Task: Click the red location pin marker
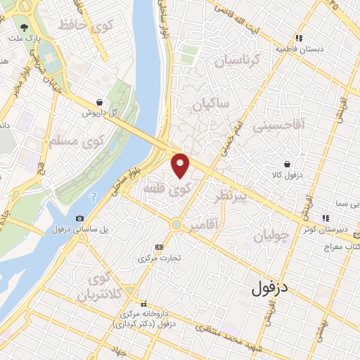click(x=181, y=165)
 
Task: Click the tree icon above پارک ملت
click(x=26, y=27)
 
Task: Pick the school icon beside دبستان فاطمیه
click(x=299, y=38)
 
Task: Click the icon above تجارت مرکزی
click(x=159, y=247)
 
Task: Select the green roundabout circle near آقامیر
click(x=176, y=225)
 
